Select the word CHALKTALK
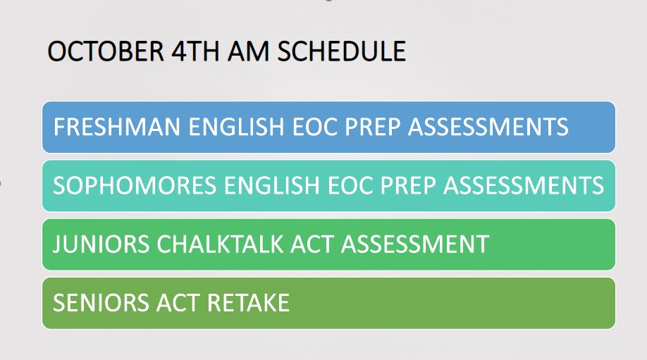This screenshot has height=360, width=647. coord(202,244)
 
